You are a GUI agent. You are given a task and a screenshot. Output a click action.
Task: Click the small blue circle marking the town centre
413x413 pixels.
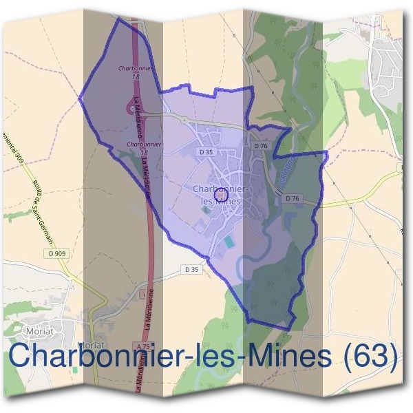click(x=222, y=195)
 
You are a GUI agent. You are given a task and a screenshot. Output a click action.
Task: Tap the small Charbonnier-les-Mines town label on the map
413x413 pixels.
click(x=222, y=193)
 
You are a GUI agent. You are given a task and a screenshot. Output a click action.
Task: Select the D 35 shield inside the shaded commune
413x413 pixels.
click(x=205, y=151)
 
